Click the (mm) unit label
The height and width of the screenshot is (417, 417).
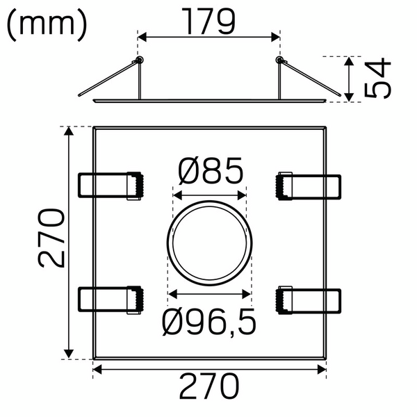(x=47, y=25)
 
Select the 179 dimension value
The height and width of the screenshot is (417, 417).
(x=208, y=22)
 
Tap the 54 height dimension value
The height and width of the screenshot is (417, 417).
(x=379, y=79)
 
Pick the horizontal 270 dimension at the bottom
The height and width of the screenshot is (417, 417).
(x=209, y=387)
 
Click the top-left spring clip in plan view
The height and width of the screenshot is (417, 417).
(x=111, y=186)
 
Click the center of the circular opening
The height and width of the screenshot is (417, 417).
(x=209, y=244)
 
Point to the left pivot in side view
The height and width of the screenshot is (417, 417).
(x=138, y=60)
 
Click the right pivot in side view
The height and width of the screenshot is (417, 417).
(x=280, y=60)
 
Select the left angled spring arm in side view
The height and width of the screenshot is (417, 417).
(x=108, y=78)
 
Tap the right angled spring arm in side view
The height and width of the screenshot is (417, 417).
(x=311, y=78)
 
